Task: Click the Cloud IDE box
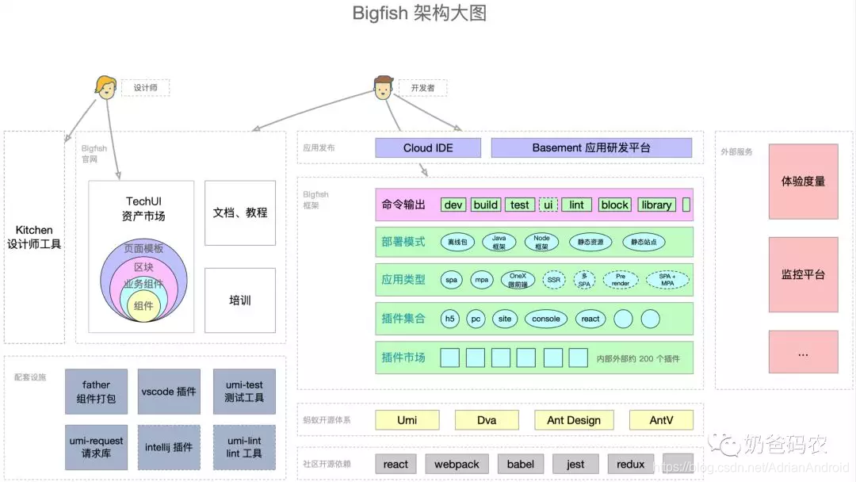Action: [x=428, y=148]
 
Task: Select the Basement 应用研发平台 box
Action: [x=591, y=148]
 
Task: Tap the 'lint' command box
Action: [x=576, y=205]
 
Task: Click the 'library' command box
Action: [x=656, y=205]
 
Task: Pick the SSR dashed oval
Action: [x=554, y=280]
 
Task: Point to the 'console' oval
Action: [x=546, y=319]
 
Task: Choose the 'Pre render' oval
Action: [x=621, y=280]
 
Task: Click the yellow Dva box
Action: [x=487, y=420]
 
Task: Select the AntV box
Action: [x=661, y=420]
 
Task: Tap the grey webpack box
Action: [x=457, y=464]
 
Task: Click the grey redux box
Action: [x=631, y=464]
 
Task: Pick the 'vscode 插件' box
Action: [x=169, y=392]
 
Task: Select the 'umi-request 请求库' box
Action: [x=96, y=447]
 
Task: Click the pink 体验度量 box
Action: [x=803, y=182]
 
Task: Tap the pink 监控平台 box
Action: [x=803, y=275]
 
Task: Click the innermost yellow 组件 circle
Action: [x=143, y=306]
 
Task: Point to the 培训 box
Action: [x=240, y=300]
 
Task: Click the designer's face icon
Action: [x=105, y=86]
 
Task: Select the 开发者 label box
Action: [x=422, y=88]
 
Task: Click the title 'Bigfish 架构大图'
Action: [x=419, y=13]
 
